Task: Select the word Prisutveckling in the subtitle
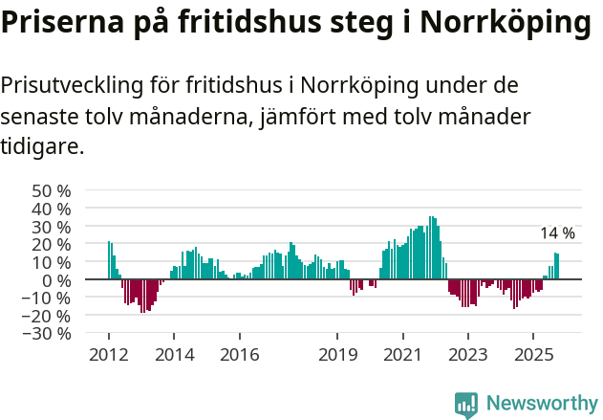[73, 85]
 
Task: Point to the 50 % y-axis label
[52, 190]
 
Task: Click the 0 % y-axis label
[58, 280]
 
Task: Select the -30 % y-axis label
[49, 334]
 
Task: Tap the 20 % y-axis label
[52, 244]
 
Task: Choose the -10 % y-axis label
[49, 298]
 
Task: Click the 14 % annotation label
[557, 233]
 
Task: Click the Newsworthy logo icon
[466, 404]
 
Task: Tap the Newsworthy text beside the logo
[541, 404]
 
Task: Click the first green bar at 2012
[109, 260]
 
